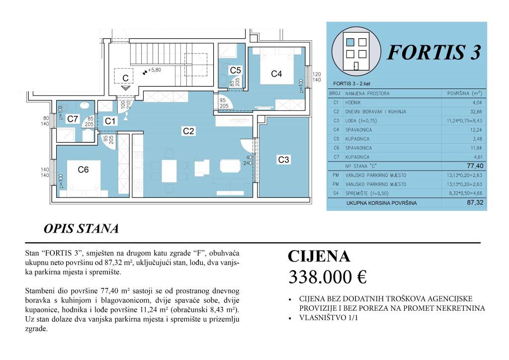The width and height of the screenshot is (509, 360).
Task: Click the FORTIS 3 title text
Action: click(434, 52)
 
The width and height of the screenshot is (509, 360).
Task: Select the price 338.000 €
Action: click(327, 277)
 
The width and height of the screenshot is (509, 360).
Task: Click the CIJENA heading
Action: click(319, 257)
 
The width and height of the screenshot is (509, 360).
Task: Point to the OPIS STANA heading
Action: click(81, 229)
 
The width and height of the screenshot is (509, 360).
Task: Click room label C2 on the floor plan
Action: click(188, 131)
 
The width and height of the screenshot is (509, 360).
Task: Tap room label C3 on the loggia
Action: click(283, 160)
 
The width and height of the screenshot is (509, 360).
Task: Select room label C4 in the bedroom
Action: click(276, 74)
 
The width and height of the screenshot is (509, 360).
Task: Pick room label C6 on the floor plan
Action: click(84, 170)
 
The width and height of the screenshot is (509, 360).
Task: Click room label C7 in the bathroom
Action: click(73, 119)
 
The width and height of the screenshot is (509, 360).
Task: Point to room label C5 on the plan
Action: click(235, 71)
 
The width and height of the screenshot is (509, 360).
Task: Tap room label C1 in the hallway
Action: click(110, 121)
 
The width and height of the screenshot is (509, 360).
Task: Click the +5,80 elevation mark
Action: click(152, 70)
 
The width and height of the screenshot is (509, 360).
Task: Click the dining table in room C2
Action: click(170, 172)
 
